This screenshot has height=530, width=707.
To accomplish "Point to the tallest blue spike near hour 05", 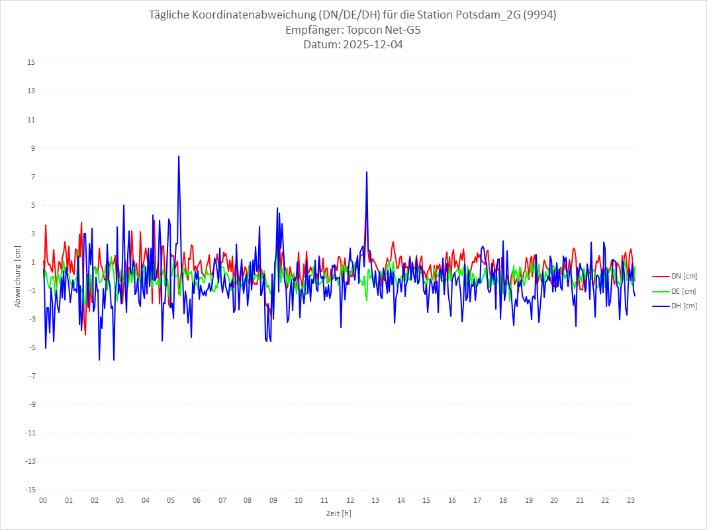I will coord(179,157).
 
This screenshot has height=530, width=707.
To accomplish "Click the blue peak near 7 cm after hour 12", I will coord(366,173).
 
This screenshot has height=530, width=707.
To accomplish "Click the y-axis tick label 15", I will coord(31,63).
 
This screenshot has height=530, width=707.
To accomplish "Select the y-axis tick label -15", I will coord(30,490).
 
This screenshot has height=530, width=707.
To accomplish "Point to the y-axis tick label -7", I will coord(31,376).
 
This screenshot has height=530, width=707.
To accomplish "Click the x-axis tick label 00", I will coord(43,500).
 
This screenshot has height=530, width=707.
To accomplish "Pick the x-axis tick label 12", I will coord(350,500).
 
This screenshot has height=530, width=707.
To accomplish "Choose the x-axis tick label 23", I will coord(631,500).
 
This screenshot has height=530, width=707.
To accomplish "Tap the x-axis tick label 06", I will coord(197,500).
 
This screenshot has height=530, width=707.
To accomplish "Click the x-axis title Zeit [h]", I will coord(338,513).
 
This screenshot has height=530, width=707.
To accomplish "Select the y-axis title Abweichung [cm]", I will coord(18,277).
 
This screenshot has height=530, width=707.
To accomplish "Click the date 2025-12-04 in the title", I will coord(370,45).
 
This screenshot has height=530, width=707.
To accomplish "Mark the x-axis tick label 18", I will coord(503,500).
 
